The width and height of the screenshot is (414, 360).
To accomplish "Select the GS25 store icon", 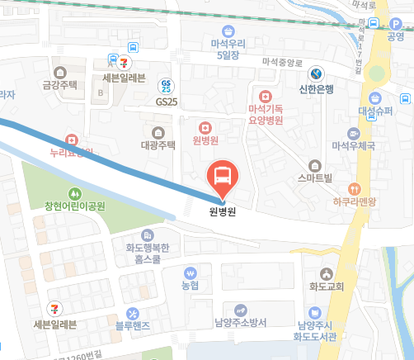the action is point(167,85).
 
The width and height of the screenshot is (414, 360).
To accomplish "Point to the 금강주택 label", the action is point(59,84).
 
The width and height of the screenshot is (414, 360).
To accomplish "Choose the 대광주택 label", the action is point(158,145).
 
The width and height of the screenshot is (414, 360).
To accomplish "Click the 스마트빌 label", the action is point(314,178).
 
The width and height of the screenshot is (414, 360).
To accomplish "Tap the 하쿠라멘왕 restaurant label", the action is point(355,201).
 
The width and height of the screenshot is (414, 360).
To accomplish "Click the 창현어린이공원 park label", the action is point(74,206).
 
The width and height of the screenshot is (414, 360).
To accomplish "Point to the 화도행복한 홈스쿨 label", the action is point(148,251).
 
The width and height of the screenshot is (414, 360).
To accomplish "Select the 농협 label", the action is point(191,285).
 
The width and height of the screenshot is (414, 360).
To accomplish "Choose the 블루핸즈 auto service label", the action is point(132,324).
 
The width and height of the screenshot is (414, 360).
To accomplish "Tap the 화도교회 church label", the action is point(327,287).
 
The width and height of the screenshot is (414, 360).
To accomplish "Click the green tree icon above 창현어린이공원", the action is point(75,192).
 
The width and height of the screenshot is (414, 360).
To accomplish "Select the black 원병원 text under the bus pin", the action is point(221,211).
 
